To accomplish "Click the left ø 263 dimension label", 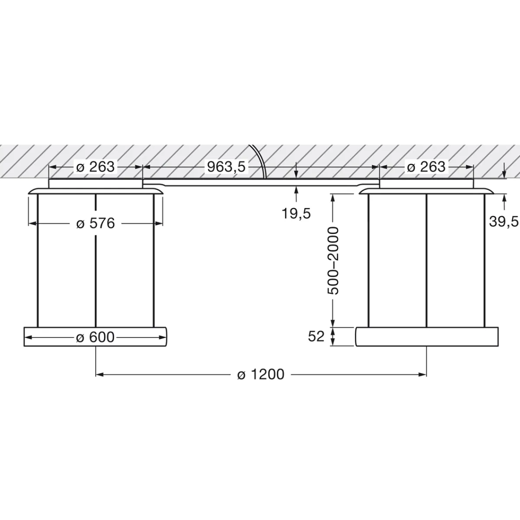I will point(95,166).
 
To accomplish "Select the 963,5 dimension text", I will point(226,166).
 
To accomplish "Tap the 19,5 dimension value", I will point(296,213).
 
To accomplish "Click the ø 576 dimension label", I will point(95,224).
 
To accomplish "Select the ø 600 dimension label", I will point(95,337).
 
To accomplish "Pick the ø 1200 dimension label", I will point(261,374).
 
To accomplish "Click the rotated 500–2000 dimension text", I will point(333,260).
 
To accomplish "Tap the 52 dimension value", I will point(316,336).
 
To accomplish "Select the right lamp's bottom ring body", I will point(427,336).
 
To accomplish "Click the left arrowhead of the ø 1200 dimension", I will point(99,374).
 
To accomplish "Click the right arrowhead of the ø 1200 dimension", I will point(423,374).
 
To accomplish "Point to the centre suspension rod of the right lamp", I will point(427,260).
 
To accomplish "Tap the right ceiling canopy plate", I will point(427,184).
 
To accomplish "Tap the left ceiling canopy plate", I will point(95,184).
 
